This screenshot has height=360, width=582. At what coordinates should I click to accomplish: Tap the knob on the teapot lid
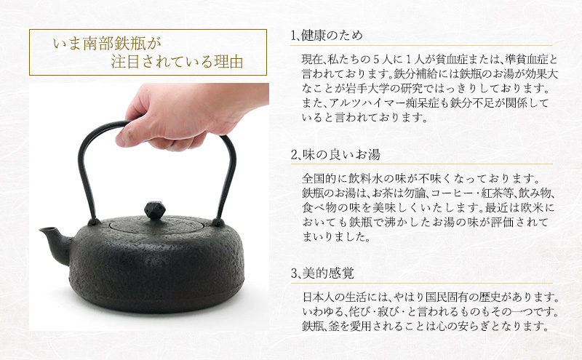(156, 211)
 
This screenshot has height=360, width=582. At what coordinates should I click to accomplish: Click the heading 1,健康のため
(326, 35)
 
